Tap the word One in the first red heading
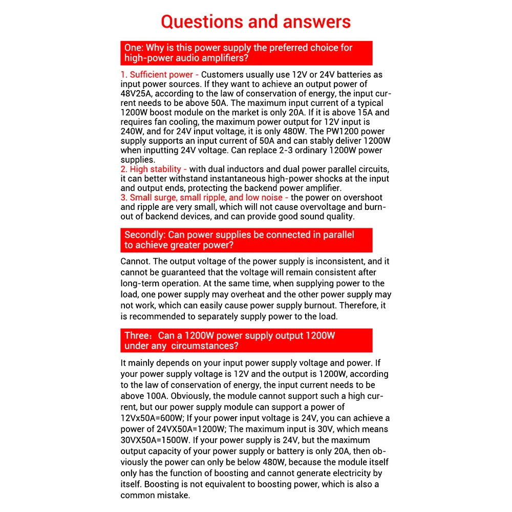coord(133,48)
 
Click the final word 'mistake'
coord(173,495)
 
